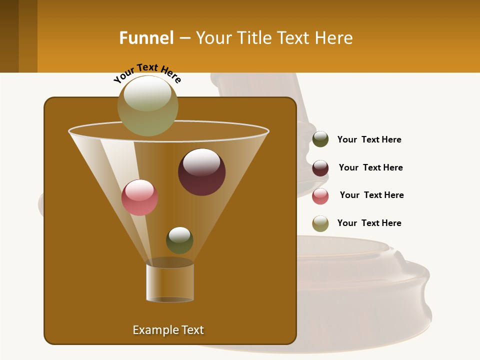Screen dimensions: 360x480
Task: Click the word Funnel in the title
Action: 146,38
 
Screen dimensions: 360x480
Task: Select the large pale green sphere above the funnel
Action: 148,106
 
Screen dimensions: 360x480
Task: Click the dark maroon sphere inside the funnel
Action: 201,171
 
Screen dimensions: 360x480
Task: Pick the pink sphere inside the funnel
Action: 139,197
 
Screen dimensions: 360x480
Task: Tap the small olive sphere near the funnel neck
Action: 179,240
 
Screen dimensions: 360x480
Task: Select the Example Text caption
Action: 168,330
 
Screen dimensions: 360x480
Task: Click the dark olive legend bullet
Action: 320,139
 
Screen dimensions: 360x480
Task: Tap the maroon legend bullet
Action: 320,168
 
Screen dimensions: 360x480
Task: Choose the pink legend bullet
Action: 320,196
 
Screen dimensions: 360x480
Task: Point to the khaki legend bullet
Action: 320,223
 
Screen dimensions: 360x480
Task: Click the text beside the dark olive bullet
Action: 369,139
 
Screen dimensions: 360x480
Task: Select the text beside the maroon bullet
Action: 370,167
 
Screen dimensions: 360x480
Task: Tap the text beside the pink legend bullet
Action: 371,195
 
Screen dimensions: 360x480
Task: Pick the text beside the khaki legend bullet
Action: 369,223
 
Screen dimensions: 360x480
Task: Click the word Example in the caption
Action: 152,330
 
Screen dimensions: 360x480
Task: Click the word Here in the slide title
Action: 335,38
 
